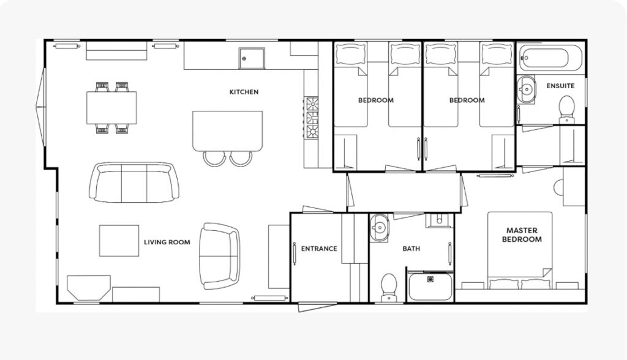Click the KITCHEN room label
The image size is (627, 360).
[244, 92]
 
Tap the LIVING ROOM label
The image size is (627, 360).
[167, 242]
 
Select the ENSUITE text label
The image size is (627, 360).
[561, 86]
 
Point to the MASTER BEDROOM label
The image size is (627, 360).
[522, 235]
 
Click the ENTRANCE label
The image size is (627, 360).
[319, 249]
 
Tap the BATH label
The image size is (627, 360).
[411, 249]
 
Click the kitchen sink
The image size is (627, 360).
[252, 58]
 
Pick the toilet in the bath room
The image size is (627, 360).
[389, 287]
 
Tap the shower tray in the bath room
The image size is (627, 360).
[430, 287]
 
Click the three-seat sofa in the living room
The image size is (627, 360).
[134, 182]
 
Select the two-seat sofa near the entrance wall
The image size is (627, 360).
[220, 256]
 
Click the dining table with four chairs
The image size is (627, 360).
[111, 108]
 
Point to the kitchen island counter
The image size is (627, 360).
[228, 131]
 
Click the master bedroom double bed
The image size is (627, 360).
[520, 250]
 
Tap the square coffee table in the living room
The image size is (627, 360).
[119, 241]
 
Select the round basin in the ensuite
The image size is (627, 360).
[526, 89]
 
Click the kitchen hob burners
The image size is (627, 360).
[312, 118]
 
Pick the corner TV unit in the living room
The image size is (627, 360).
[88, 288]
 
